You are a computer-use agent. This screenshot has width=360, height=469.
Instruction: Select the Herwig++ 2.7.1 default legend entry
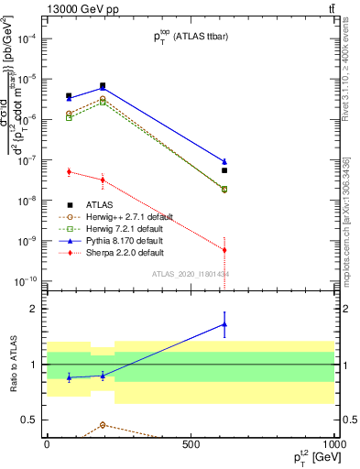click(x=120, y=216)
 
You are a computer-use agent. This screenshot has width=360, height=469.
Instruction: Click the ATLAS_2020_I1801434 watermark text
click(x=191, y=274)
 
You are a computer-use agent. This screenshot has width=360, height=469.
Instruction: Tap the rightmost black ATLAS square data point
click(x=224, y=170)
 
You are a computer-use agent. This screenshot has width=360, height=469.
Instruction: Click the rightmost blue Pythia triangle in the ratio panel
click(x=224, y=324)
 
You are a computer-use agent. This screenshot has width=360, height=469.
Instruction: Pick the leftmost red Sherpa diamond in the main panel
click(x=70, y=171)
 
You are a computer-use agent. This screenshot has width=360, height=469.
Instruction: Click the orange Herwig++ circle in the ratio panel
click(x=103, y=425)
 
